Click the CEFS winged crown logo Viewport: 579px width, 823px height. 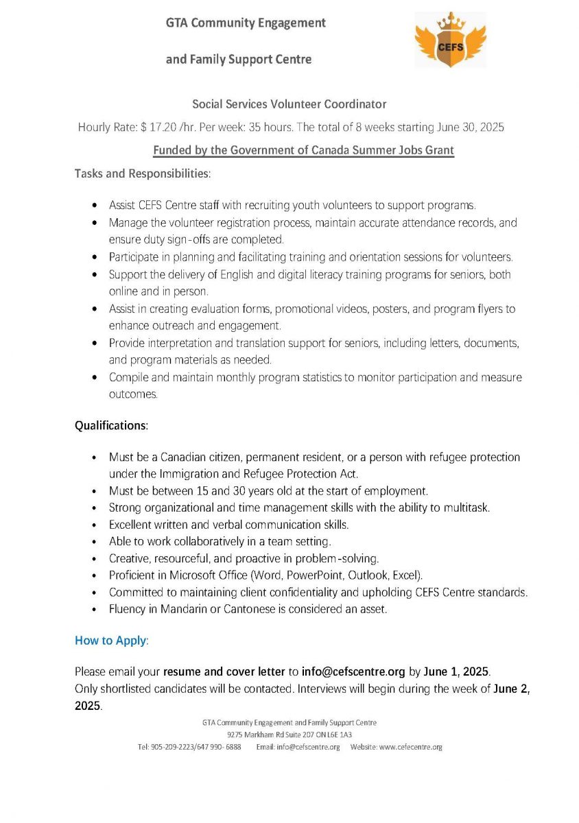coord(450,39)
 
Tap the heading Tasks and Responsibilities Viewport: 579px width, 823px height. coord(143,174)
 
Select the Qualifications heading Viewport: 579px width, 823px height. coord(111,425)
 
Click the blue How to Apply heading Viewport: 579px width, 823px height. coord(111,641)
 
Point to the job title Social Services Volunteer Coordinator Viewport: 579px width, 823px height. coord(289,104)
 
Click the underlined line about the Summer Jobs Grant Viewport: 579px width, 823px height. coord(303,150)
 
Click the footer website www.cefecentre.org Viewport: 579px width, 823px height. coord(410,747)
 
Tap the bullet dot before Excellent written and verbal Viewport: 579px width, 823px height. coord(94,525)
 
